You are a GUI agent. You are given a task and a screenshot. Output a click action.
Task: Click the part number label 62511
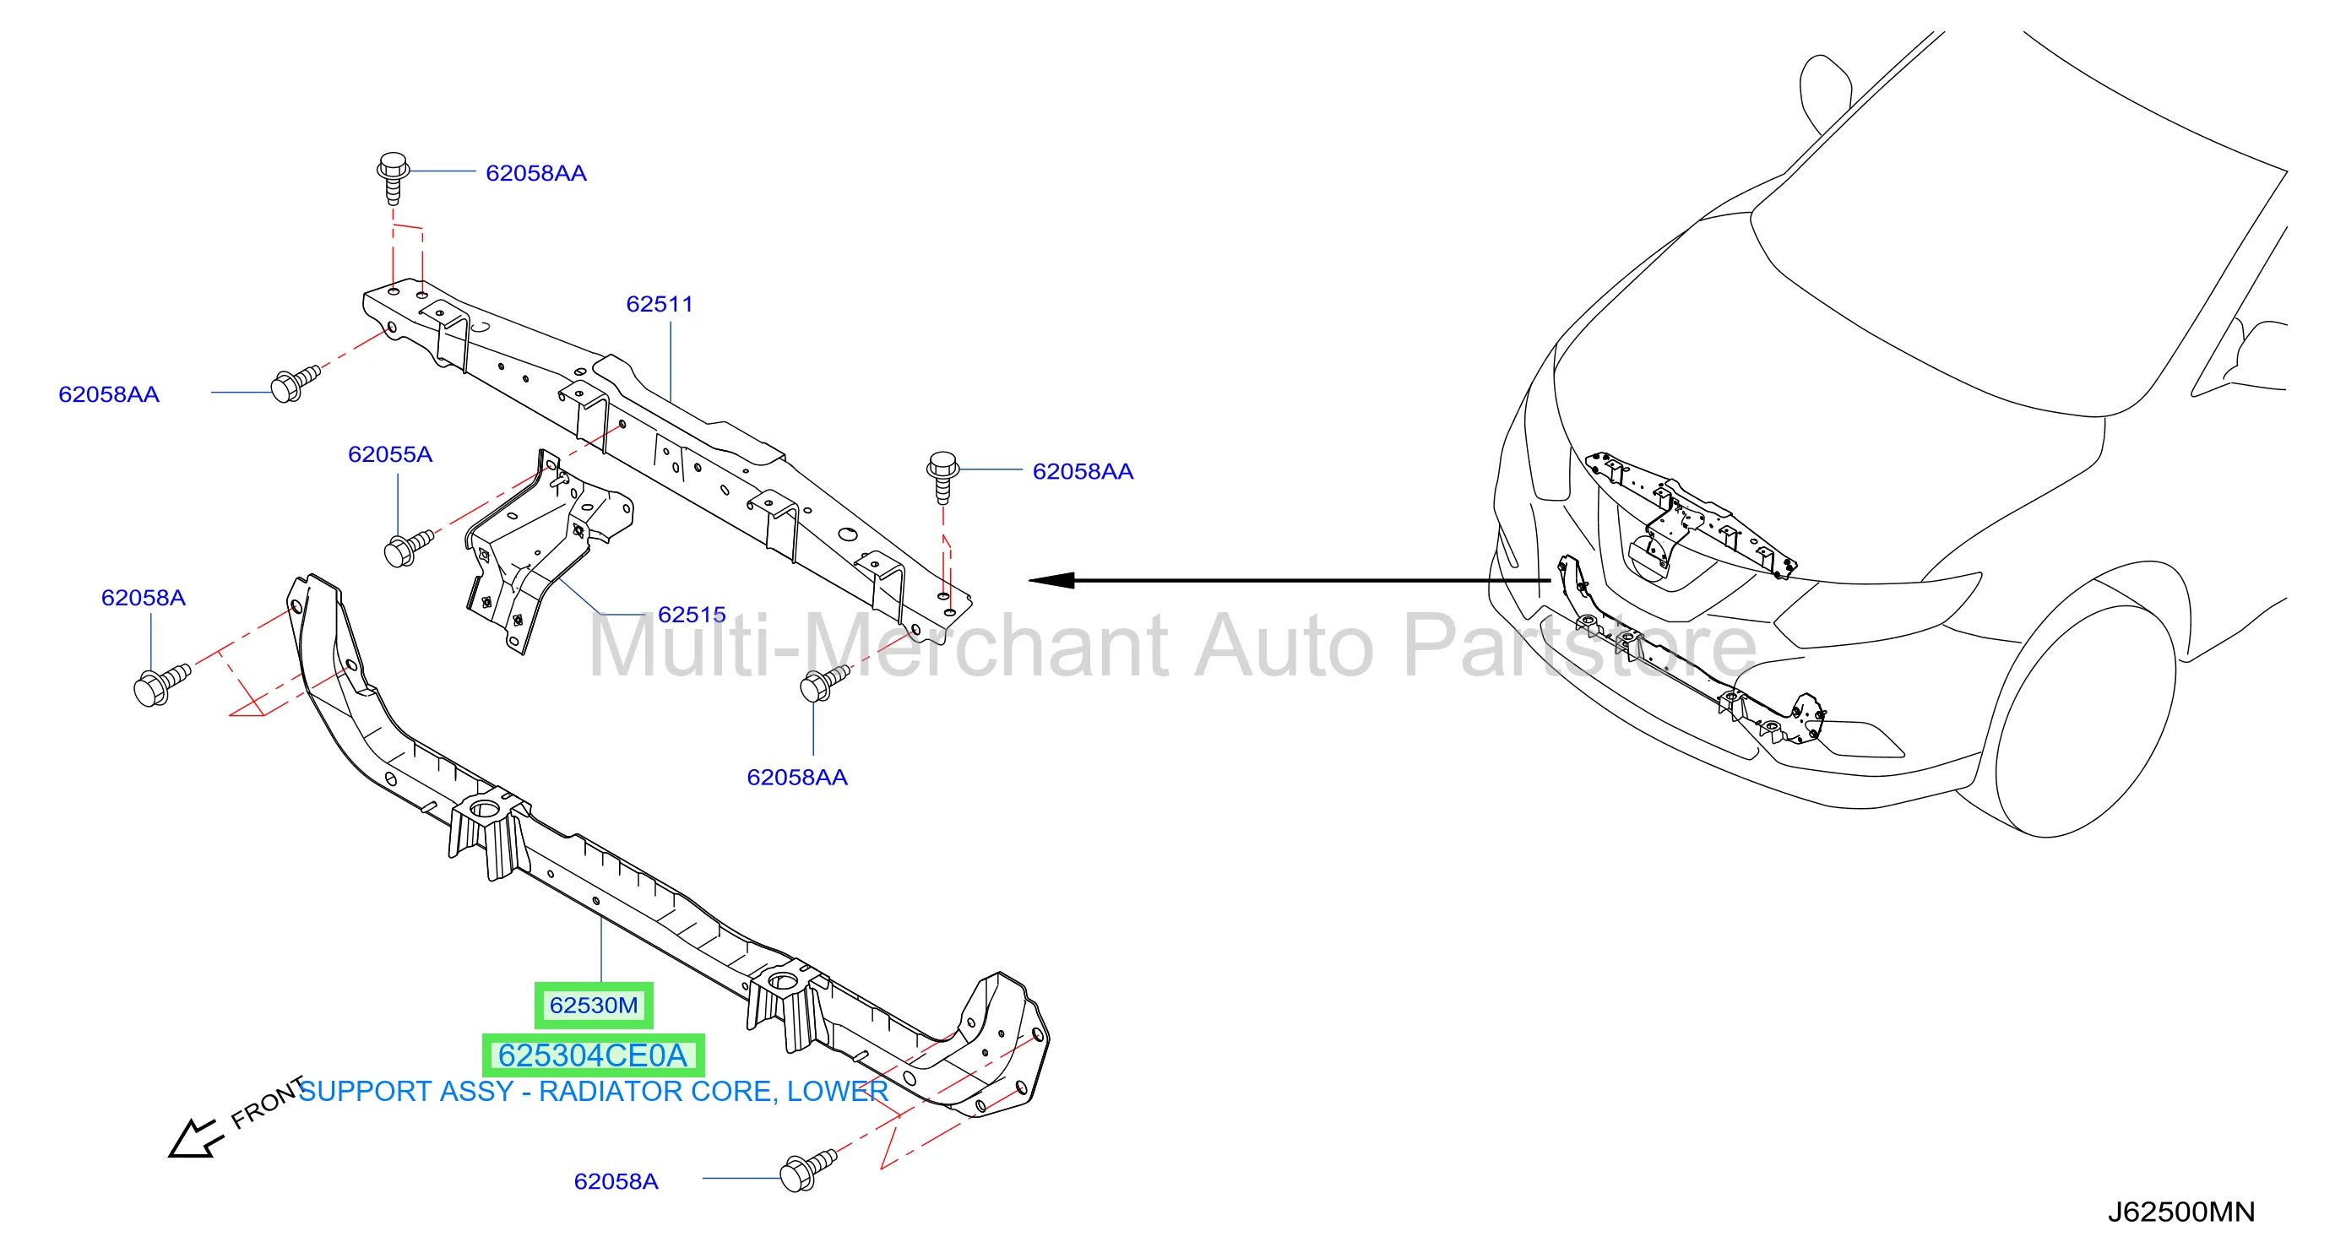[x=660, y=304]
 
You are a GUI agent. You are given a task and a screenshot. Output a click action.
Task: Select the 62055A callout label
[x=390, y=454]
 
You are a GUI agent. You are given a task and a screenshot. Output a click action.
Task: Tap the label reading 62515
[x=692, y=615]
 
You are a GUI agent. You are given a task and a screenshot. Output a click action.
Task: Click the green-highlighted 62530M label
[x=594, y=1006]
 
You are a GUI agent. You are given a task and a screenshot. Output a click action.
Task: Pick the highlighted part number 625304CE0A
[x=593, y=1055]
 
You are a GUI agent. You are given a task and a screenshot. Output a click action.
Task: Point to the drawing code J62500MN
[x=2181, y=1212]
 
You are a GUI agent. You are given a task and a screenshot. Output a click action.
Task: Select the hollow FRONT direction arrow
[x=194, y=1138]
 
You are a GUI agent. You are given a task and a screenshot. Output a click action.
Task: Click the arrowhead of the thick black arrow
[x=1052, y=580]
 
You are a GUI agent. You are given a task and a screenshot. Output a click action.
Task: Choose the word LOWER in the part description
[x=837, y=1091]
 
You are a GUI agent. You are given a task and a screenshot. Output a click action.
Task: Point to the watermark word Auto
[x=1285, y=646]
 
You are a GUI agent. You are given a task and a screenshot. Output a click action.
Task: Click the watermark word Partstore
[x=1580, y=646]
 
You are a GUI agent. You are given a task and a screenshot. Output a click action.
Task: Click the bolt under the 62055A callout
[x=408, y=548]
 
